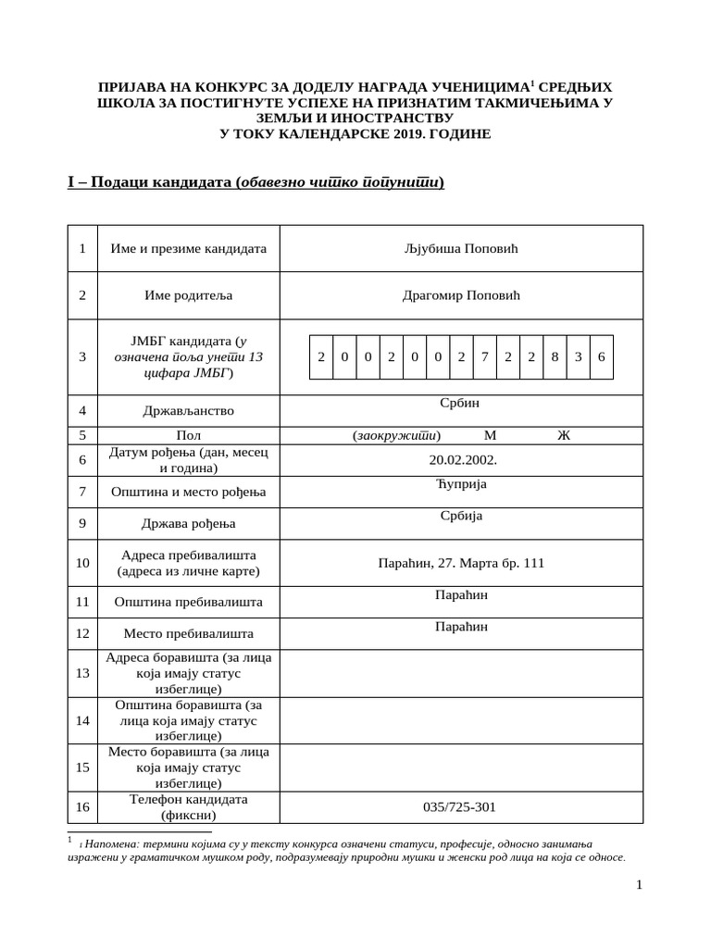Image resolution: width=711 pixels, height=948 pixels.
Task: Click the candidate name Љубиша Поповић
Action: pos(461,248)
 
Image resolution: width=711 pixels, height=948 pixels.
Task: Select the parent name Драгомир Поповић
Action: pos(461,295)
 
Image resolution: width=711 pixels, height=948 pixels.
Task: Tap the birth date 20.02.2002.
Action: pos(461,459)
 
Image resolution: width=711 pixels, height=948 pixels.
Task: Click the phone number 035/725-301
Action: pos(459,806)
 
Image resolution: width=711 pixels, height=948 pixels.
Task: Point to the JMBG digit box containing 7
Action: pos(484,357)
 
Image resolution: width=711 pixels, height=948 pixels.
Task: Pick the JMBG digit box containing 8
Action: pos(555,357)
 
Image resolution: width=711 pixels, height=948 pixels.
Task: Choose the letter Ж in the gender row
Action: pos(564,435)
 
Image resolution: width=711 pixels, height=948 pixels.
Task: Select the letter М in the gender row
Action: pos(490,435)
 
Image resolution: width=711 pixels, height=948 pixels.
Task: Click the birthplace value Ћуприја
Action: pos(461,484)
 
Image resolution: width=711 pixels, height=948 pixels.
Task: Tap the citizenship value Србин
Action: pos(461,403)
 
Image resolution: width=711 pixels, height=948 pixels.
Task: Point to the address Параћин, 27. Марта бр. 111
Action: pos(461,562)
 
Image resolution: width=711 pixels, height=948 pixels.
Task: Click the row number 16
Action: pos(82,806)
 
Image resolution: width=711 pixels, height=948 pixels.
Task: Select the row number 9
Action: pos(82,523)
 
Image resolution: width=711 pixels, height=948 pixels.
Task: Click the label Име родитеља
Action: pos(188,295)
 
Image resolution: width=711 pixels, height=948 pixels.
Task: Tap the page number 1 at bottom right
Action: pos(639,885)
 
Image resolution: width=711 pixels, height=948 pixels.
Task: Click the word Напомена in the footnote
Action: pos(109,844)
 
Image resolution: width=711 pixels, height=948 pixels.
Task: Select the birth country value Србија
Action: pos(461,516)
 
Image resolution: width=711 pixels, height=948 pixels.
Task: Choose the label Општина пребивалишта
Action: pos(188,602)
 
